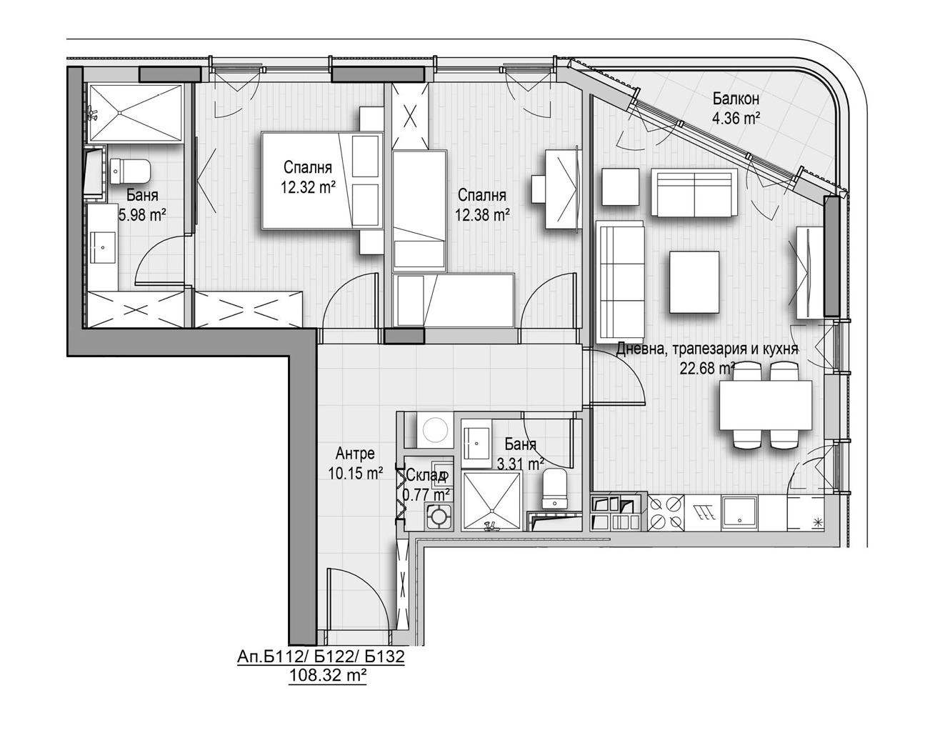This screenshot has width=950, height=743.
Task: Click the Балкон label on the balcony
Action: click(736, 99)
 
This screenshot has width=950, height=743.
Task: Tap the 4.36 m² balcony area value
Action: click(736, 118)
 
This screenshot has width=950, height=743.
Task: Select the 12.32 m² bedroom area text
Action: click(309, 187)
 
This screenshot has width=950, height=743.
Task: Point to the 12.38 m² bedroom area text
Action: click(482, 214)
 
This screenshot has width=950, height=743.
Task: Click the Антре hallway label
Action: click(355, 454)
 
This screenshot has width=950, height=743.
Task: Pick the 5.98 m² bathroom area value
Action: click(143, 214)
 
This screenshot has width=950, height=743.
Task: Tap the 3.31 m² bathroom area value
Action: click(520, 463)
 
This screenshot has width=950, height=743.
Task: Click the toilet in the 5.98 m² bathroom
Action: click(130, 171)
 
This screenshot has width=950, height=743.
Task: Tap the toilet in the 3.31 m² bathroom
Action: click(554, 489)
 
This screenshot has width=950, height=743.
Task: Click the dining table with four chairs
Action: click(765, 404)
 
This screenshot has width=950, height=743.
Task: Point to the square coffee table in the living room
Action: click(694, 282)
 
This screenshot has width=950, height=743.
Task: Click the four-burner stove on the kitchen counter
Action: click(666, 513)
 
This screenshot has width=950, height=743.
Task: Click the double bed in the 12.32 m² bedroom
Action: click(322, 181)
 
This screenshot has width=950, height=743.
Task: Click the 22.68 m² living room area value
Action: click(706, 369)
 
